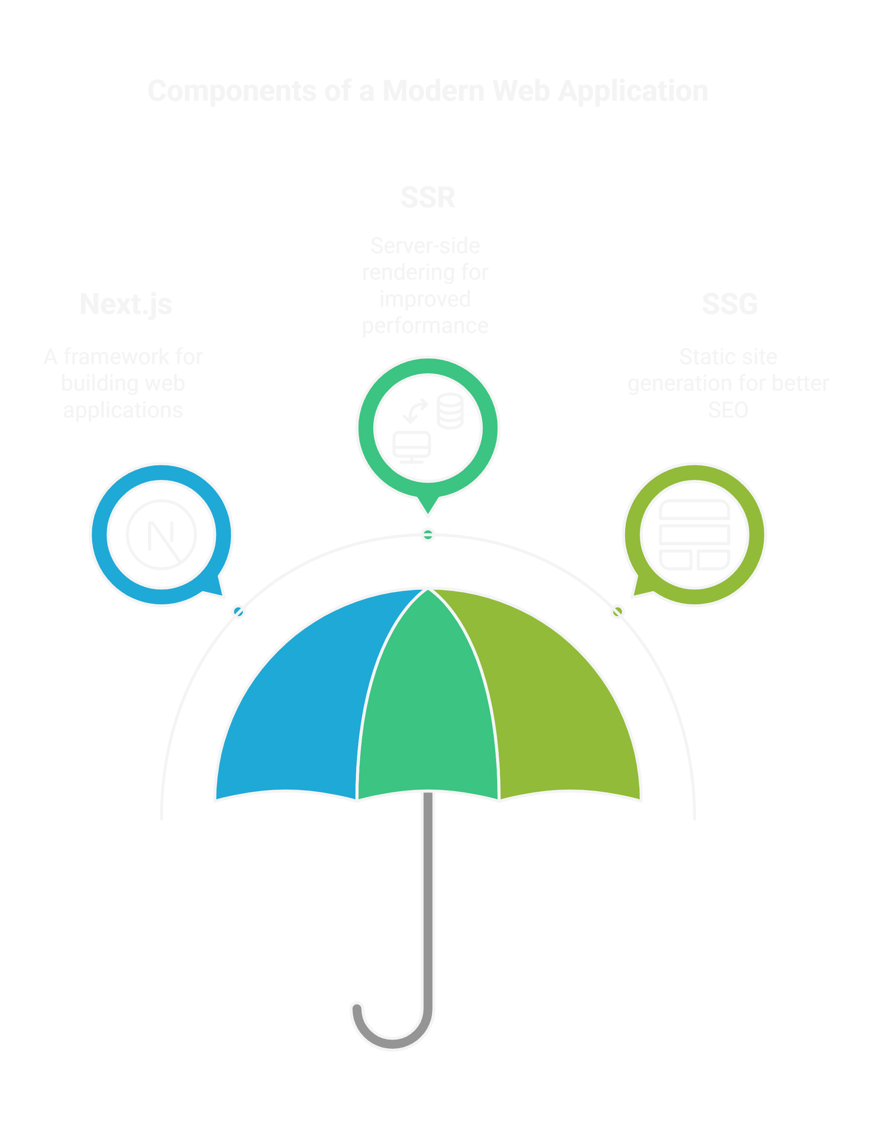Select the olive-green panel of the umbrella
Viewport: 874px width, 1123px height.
point(560,709)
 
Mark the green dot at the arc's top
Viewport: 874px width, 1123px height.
point(428,535)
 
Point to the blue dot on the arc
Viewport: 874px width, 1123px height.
point(239,612)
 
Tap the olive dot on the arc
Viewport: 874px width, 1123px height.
point(617,612)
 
